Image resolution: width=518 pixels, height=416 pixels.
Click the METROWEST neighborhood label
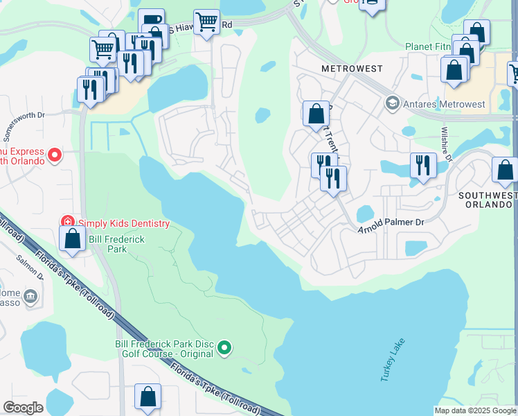[x=347, y=69]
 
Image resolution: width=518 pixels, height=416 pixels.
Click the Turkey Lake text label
[x=391, y=360]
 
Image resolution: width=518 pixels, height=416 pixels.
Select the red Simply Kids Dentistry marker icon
[x=68, y=223]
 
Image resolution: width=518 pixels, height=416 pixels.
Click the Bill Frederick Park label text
[x=107, y=243]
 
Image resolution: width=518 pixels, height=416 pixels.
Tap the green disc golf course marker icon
[x=224, y=348]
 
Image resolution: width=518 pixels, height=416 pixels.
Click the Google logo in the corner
[x=23, y=407]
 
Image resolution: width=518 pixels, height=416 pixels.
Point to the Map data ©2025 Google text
[x=475, y=410]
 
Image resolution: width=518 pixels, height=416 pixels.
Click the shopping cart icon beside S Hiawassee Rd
[x=206, y=21]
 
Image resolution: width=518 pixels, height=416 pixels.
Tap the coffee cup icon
[x=150, y=19]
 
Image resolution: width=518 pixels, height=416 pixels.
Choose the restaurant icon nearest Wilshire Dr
[x=422, y=165]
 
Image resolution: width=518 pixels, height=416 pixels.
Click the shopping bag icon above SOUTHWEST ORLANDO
[x=504, y=169]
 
